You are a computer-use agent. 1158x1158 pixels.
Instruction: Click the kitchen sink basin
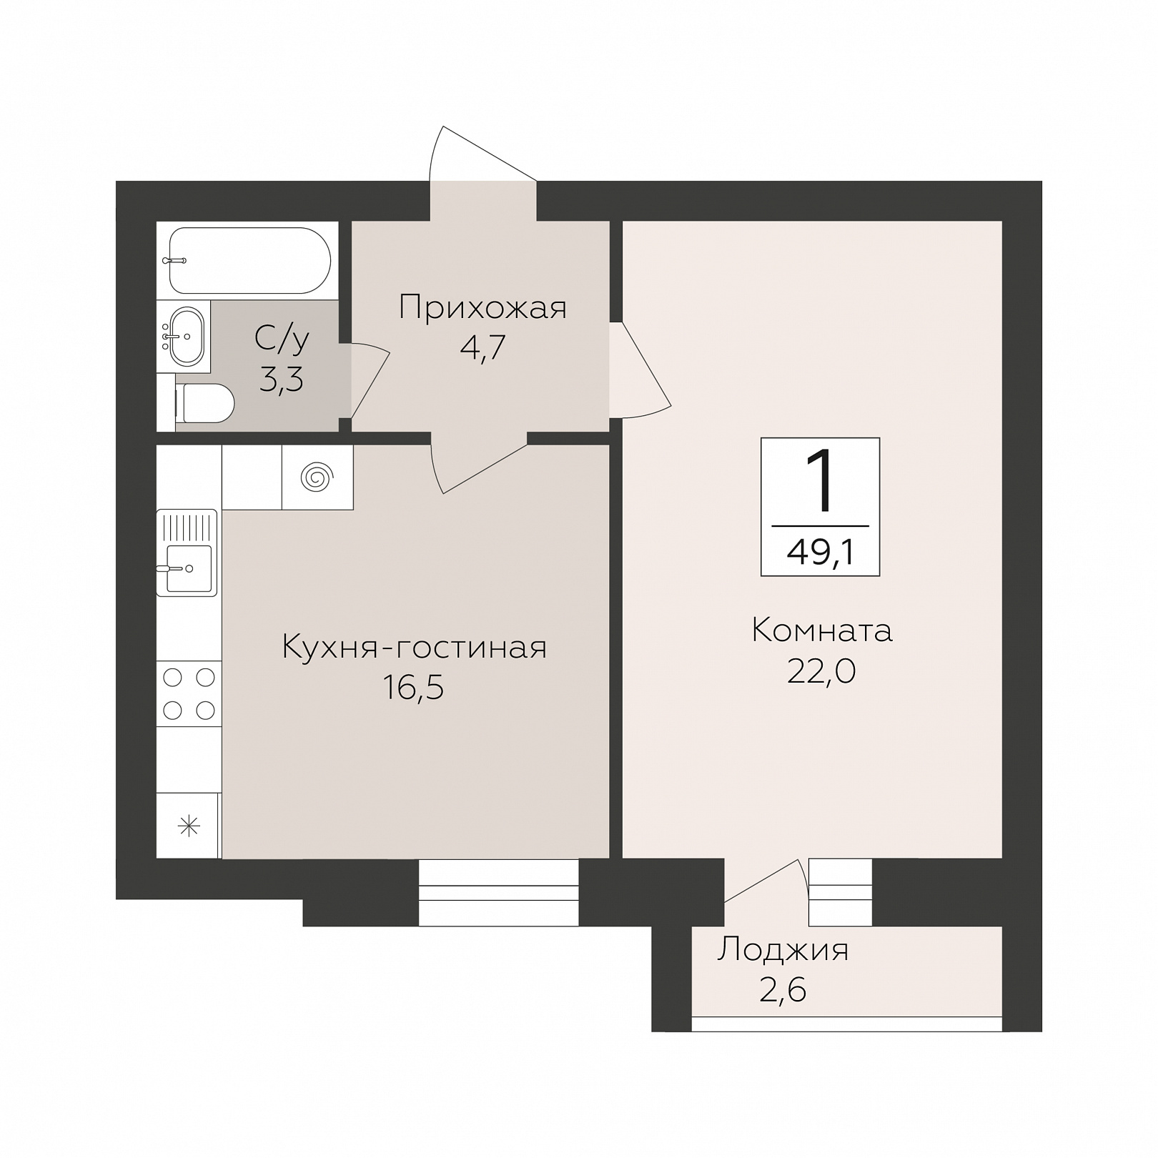189,568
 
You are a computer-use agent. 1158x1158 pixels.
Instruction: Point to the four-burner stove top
189,693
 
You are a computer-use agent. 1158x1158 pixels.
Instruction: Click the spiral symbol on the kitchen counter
317,477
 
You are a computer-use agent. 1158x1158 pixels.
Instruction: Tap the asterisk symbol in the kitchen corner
189,827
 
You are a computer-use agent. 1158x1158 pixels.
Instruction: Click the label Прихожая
482,308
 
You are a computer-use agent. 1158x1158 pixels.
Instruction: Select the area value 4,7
484,348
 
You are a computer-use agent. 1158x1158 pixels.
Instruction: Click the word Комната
822,631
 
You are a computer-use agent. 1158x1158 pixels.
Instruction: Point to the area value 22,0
821,671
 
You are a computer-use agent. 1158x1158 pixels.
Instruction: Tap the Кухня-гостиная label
415,648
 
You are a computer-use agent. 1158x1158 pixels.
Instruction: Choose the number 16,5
414,688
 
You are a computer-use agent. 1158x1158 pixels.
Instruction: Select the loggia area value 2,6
783,991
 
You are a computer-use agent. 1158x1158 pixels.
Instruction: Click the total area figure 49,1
821,552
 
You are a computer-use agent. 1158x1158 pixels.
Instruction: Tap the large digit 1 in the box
820,480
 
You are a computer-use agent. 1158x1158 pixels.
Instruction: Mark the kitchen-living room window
498,892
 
